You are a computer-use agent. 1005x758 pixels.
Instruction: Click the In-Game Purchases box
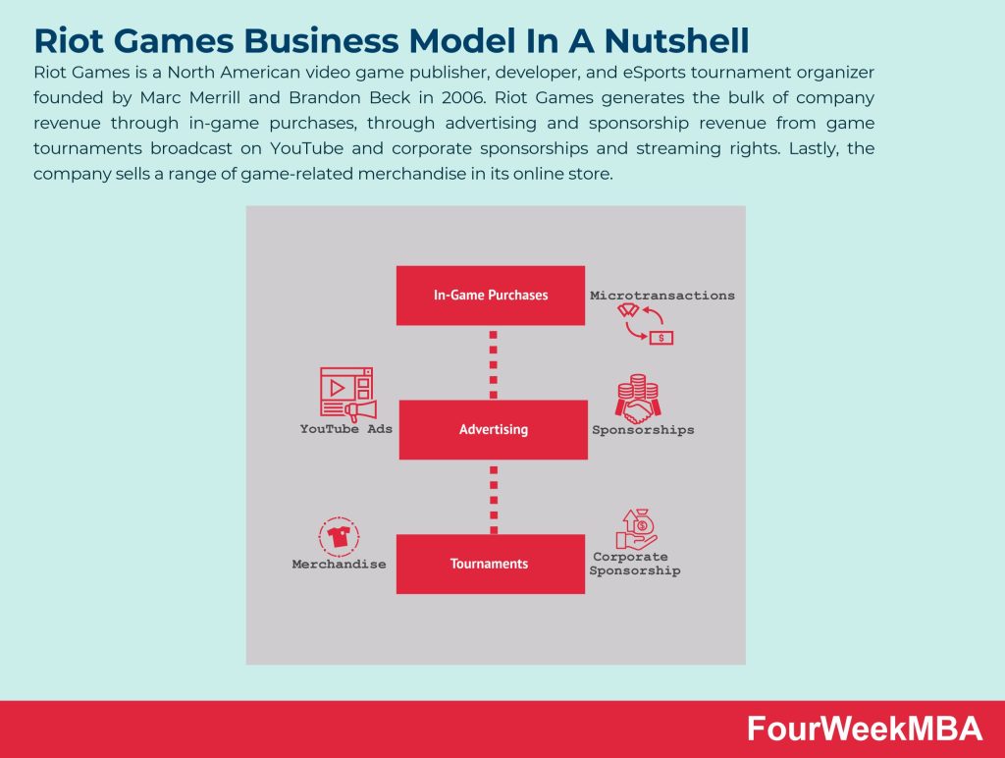491,295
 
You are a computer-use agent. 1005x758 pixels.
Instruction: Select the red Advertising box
493,430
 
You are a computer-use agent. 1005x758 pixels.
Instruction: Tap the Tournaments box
491,564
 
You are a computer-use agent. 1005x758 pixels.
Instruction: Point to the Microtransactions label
662,296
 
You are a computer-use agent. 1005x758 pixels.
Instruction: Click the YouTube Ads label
346,429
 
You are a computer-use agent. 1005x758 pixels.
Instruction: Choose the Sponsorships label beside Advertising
643,430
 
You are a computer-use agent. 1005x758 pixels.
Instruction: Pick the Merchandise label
339,565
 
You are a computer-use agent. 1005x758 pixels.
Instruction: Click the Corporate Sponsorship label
635,564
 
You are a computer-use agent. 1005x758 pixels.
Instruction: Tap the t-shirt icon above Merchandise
339,536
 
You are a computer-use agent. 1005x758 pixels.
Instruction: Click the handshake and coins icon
638,399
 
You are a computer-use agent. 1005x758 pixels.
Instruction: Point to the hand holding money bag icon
637,529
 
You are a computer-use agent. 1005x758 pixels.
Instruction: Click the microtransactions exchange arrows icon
646,324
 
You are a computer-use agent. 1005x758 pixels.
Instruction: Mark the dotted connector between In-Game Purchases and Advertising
493,364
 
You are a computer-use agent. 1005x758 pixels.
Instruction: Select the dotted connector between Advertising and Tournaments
494,500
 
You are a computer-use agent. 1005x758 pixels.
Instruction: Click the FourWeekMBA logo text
865,730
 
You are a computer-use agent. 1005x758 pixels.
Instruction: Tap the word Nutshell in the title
676,40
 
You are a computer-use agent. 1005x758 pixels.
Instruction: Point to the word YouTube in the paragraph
306,148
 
